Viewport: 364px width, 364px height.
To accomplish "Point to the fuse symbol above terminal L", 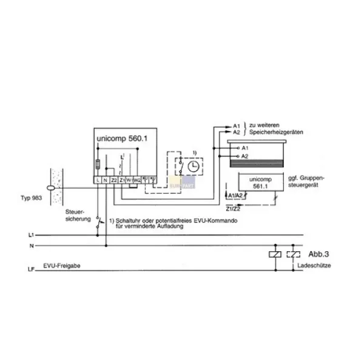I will pos(98,164).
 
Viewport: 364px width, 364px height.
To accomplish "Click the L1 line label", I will pos(31,234).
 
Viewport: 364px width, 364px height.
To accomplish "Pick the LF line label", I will pos(31,268).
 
